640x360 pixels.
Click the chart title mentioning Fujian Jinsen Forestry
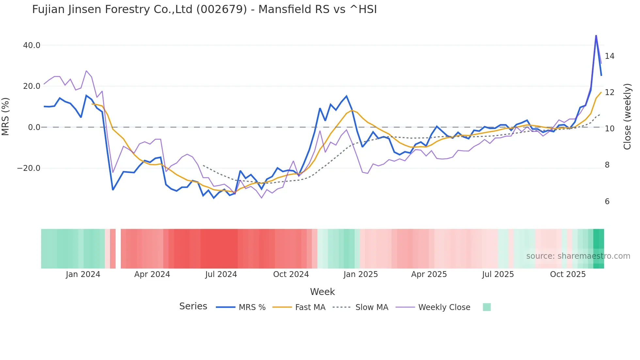click(x=204, y=9)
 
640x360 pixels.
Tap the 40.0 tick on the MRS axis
click(x=32, y=45)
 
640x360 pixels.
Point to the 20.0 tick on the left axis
click(x=32, y=86)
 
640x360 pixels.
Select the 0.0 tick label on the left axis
click(x=34, y=127)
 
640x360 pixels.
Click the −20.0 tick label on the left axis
click(x=29, y=168)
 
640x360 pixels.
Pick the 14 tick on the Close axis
click(x=609, y=56)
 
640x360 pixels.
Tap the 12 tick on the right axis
click(x=609, y=92)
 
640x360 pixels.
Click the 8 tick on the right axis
click(x=607, y=165)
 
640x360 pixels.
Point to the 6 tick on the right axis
click(x=607, y=202)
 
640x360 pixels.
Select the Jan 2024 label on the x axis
click(x=83, y=274)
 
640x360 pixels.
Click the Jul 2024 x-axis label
click(x=221, y=274)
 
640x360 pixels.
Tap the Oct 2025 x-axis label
click(x=568, y=274)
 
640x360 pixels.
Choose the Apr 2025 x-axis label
click(x=429, y=274)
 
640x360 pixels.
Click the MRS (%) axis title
click(x=6, y=116)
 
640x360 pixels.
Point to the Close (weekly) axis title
click(x=627, y=117)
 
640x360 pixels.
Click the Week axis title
click(x=322, y=292)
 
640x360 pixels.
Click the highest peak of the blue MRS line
click(x=596, y=35)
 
